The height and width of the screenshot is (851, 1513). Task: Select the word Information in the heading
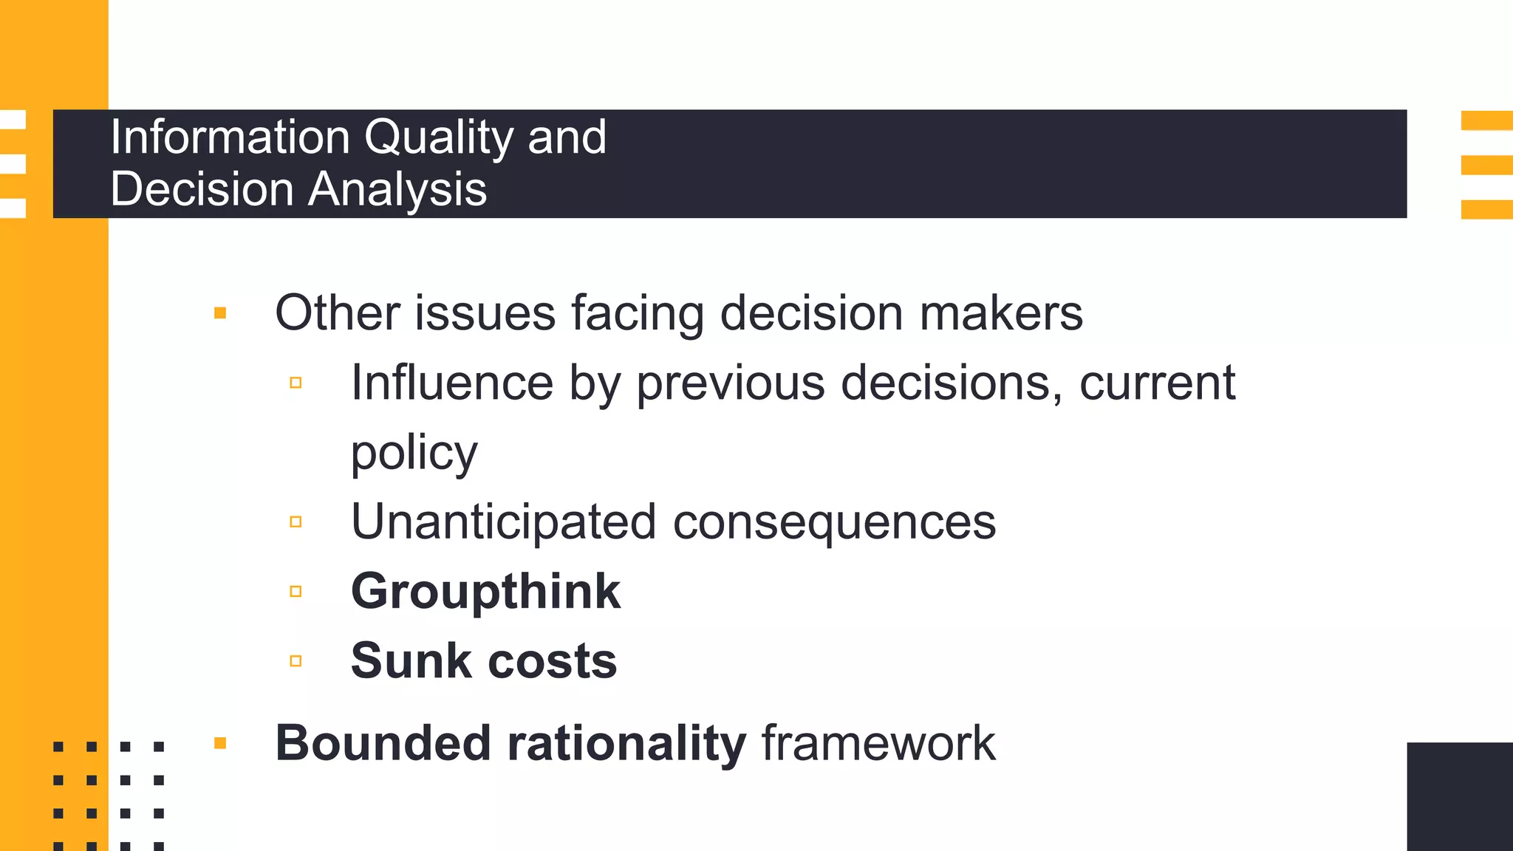click(230, 137)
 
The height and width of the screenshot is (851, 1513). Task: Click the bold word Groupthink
click(485, 592)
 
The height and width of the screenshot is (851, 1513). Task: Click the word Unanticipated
click(503, 522)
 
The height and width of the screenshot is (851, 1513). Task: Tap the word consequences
click(834, 522)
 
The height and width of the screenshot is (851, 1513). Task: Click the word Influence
click(451, 383)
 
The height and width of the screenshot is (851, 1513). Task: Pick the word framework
click(878, 743)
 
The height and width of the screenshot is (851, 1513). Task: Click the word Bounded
click(383, 743)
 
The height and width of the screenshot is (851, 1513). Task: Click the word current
click(1157, 383)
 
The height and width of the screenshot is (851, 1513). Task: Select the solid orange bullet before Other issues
click(220, 313)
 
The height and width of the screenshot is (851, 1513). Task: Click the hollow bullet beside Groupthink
click(296, 592)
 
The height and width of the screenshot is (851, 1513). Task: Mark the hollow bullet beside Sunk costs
click(296, 661)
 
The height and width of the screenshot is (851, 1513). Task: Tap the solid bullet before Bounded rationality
click(220, 743)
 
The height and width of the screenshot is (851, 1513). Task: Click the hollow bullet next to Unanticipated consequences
click(296, 522)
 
